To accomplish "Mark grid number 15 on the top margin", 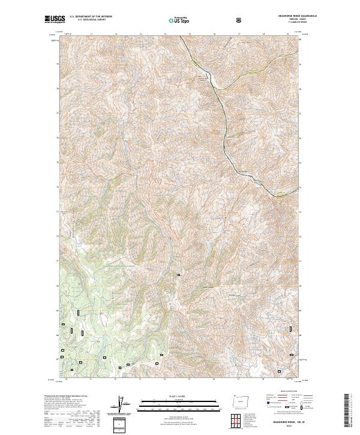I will point(189,35).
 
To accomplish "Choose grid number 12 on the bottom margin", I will point(115,380).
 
